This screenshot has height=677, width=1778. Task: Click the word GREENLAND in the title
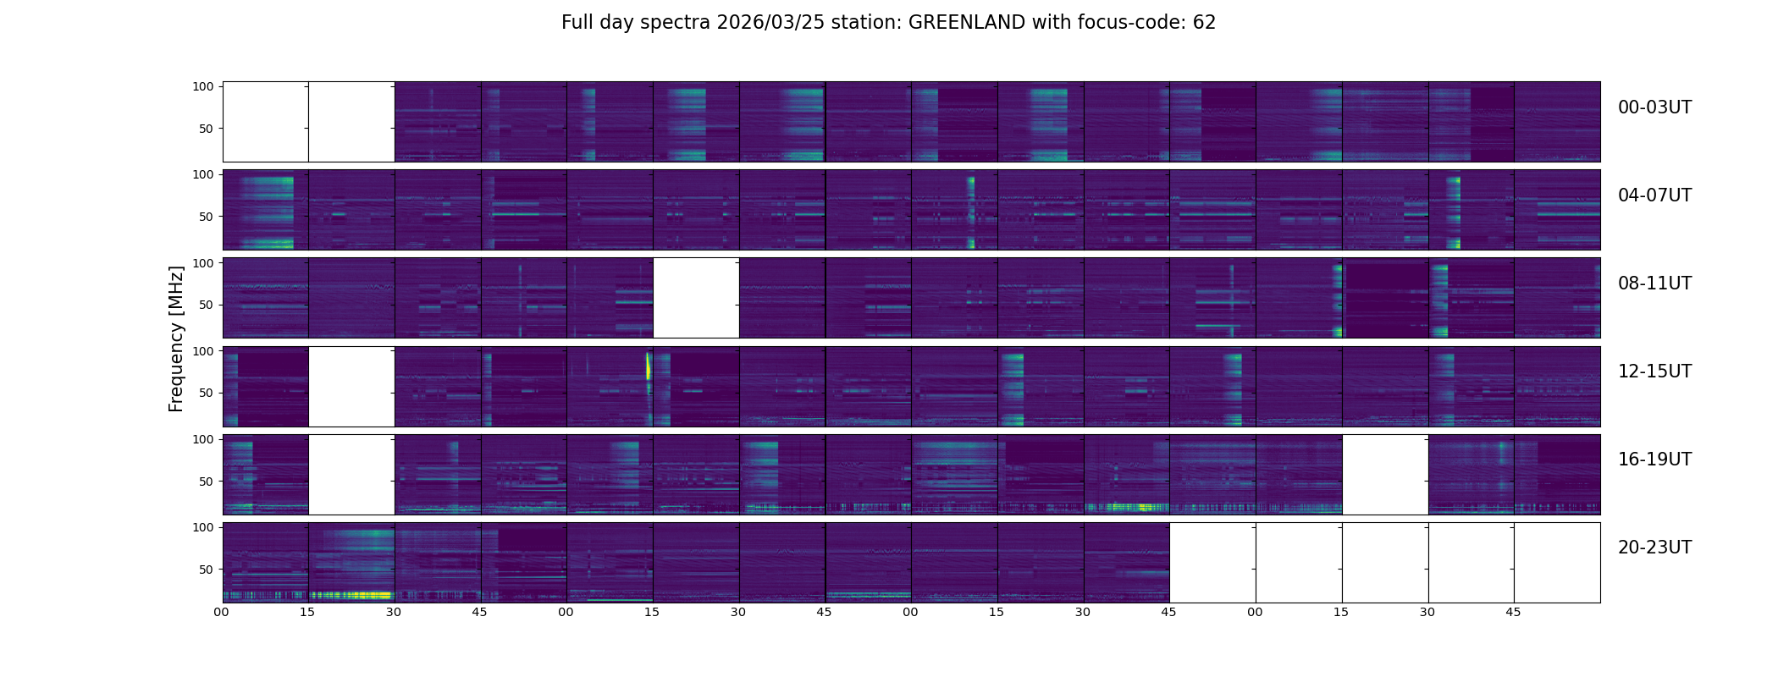[x=966, y=23]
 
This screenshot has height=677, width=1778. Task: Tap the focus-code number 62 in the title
[x=1204, y=23]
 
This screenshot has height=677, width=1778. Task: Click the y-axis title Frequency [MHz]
[x=176, y=338]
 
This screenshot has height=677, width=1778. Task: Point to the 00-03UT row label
[x=1654, y=107]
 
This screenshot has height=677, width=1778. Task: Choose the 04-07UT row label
[x=1654, y=195]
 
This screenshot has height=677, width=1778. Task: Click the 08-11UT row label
[x=1654, y=283]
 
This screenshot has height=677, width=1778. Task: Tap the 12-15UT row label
[x=1654, y=372]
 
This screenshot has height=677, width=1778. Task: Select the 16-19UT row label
[x=1654, y=460]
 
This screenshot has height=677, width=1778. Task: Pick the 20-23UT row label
[x=1654, y=548]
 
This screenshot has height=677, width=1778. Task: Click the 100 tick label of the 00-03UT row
[x=203, y=86]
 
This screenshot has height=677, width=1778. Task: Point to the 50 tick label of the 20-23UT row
[x=207, y=570]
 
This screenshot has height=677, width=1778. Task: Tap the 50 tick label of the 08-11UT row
[x=207, y=305]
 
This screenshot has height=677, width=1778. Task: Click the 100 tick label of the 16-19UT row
[x=203, y=439]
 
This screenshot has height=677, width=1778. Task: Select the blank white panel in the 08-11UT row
[x=696, y=298]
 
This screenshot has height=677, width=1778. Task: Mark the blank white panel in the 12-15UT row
[x=351, y=386]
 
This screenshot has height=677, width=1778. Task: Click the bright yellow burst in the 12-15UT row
[x=649, y=366]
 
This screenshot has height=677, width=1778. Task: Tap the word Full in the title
[x=577, y=23]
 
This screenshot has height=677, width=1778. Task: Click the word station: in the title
[x=873, y=23]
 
